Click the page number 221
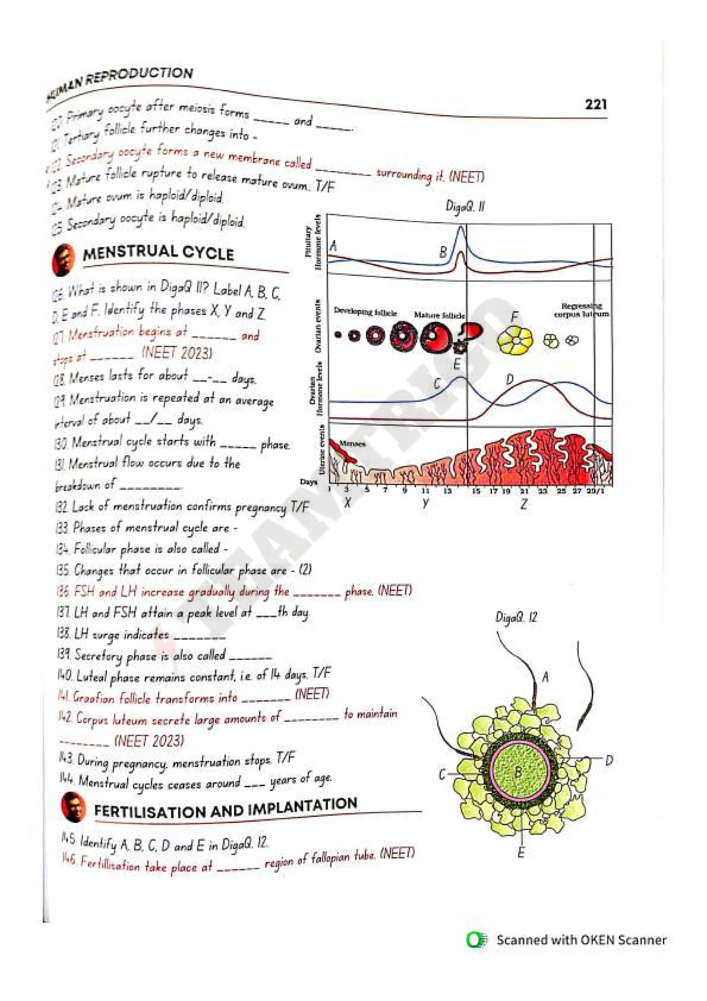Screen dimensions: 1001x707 tap(595, 105)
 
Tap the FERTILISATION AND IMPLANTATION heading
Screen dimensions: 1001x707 tap(226, 808)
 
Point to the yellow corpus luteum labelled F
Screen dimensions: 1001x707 tap(515, 340)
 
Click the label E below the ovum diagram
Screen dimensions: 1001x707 tap(521, 852)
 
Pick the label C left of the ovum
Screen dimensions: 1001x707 tap(442, 774)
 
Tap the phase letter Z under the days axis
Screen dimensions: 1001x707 tap(524, 504)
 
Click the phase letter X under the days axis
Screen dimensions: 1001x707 tap(347, 503)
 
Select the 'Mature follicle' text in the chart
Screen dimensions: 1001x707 tap(439, 315)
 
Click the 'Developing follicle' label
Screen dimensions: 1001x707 tap(365, 312)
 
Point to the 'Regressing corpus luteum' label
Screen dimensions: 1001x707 tap(581, 310)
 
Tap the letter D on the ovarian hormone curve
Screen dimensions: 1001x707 tap(510, 380)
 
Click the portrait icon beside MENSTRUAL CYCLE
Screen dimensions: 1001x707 tap(64, 260)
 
